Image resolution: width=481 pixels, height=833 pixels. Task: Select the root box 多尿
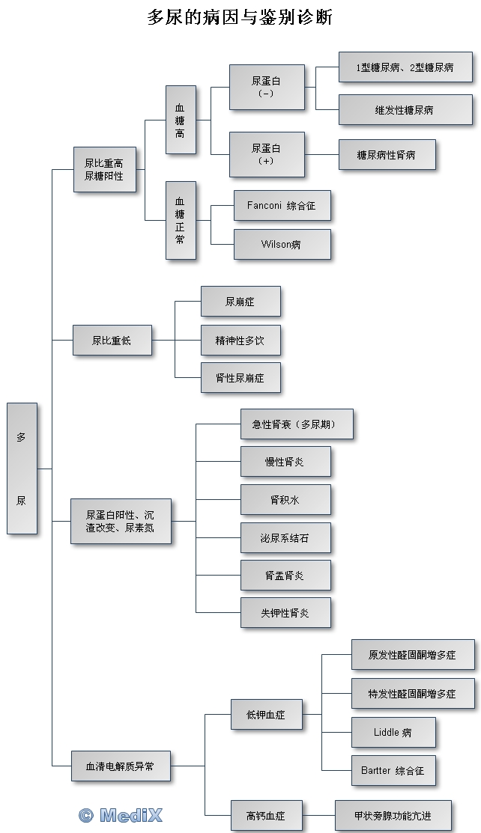(x=22, y=469)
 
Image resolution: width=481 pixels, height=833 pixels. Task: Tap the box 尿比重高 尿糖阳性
(x=104, y=169)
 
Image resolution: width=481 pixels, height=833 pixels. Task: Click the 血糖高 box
(x=181, y=120)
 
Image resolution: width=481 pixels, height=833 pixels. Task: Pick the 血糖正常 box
(x=181, y=221)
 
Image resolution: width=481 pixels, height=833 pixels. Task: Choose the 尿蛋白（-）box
(x=267, y=87)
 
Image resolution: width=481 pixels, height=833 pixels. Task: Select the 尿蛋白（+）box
(x=267, y=155)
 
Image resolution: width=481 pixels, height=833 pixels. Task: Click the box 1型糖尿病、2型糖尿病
(x=405, y=67)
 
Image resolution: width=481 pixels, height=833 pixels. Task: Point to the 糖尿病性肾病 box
(x=386, y=155)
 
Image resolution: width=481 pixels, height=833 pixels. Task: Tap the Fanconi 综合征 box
(x=282, y=205)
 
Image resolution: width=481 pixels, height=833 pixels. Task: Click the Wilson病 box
(x=282, y=244)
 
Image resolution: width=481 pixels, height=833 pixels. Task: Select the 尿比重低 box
(x=112, y=341)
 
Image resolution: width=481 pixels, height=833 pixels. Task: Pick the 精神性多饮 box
(x=240, y=341)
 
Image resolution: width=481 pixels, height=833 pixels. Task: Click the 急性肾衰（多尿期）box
(x=296, y=424)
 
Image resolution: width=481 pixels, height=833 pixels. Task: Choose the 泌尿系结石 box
(x=285, y=538)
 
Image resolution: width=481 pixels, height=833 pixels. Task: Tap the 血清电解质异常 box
(x=121, y=766)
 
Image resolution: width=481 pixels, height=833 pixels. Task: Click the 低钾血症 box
(x=266, y=715)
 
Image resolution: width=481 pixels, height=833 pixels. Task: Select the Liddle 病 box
(x=393, y=732)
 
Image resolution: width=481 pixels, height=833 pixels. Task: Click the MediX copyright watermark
(x=121, y=815)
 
